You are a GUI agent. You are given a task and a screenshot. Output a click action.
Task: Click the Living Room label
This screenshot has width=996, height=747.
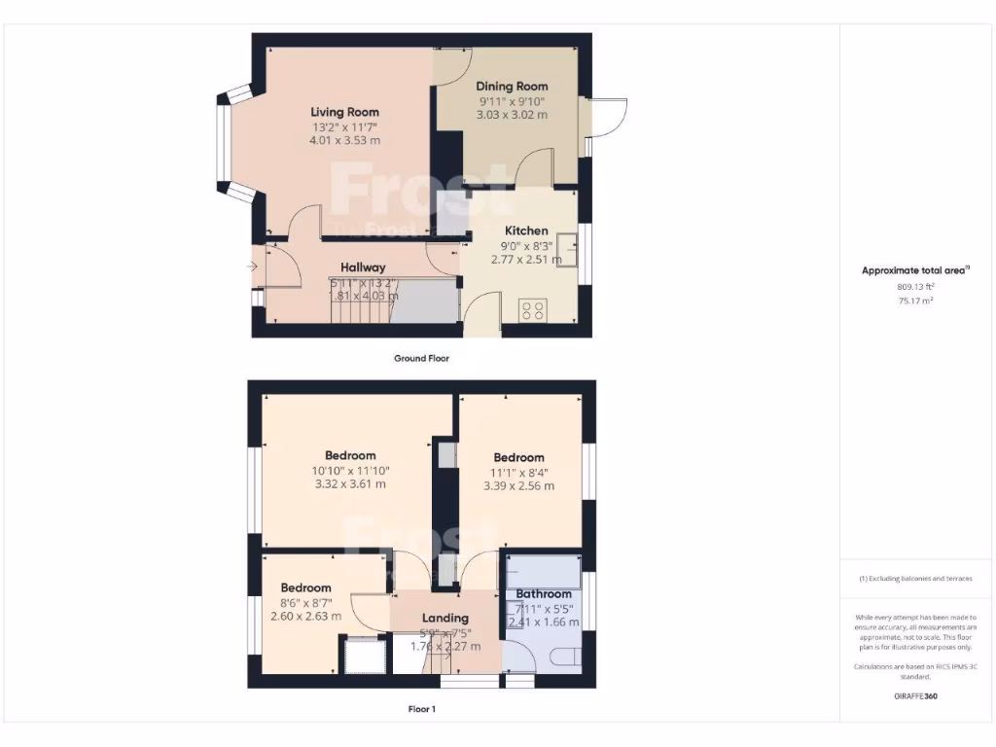(x=344, y=112)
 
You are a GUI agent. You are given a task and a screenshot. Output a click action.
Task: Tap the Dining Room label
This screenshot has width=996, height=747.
(x=512, y=87)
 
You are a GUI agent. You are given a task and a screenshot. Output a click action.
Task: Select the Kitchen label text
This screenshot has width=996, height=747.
(x=525, y=231)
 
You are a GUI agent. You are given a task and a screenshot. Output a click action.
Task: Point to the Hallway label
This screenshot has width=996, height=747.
(x=363, y=267)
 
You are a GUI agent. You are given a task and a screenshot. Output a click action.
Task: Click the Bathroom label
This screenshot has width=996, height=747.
(x=544, y=593)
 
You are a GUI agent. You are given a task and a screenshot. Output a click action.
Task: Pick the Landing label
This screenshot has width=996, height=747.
(x=445, y=618)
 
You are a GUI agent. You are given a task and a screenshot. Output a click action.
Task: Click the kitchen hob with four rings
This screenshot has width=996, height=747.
(x=533, y=311)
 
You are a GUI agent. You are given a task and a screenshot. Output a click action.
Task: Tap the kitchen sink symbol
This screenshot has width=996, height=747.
(x=567, y=255)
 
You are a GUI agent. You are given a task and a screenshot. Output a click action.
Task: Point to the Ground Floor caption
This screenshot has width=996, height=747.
(x=421, y=358)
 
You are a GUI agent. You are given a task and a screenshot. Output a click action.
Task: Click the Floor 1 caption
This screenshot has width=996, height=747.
(x=421, y=709)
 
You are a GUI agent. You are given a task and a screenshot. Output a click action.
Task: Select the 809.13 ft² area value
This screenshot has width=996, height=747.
(x=915, y=287)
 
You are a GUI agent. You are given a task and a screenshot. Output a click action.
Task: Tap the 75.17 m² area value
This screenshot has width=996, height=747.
(x=915, y=302)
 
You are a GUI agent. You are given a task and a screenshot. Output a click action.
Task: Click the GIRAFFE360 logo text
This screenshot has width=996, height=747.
(x=915, y=696)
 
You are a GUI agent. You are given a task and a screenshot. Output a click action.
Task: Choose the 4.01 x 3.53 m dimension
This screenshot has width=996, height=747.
(x=344, y=140)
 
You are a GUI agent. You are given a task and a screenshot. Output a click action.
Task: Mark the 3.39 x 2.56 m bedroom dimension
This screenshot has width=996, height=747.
(x=518, y=486)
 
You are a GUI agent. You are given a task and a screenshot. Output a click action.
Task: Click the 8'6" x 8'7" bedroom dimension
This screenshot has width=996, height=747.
(x=306, y=603)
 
